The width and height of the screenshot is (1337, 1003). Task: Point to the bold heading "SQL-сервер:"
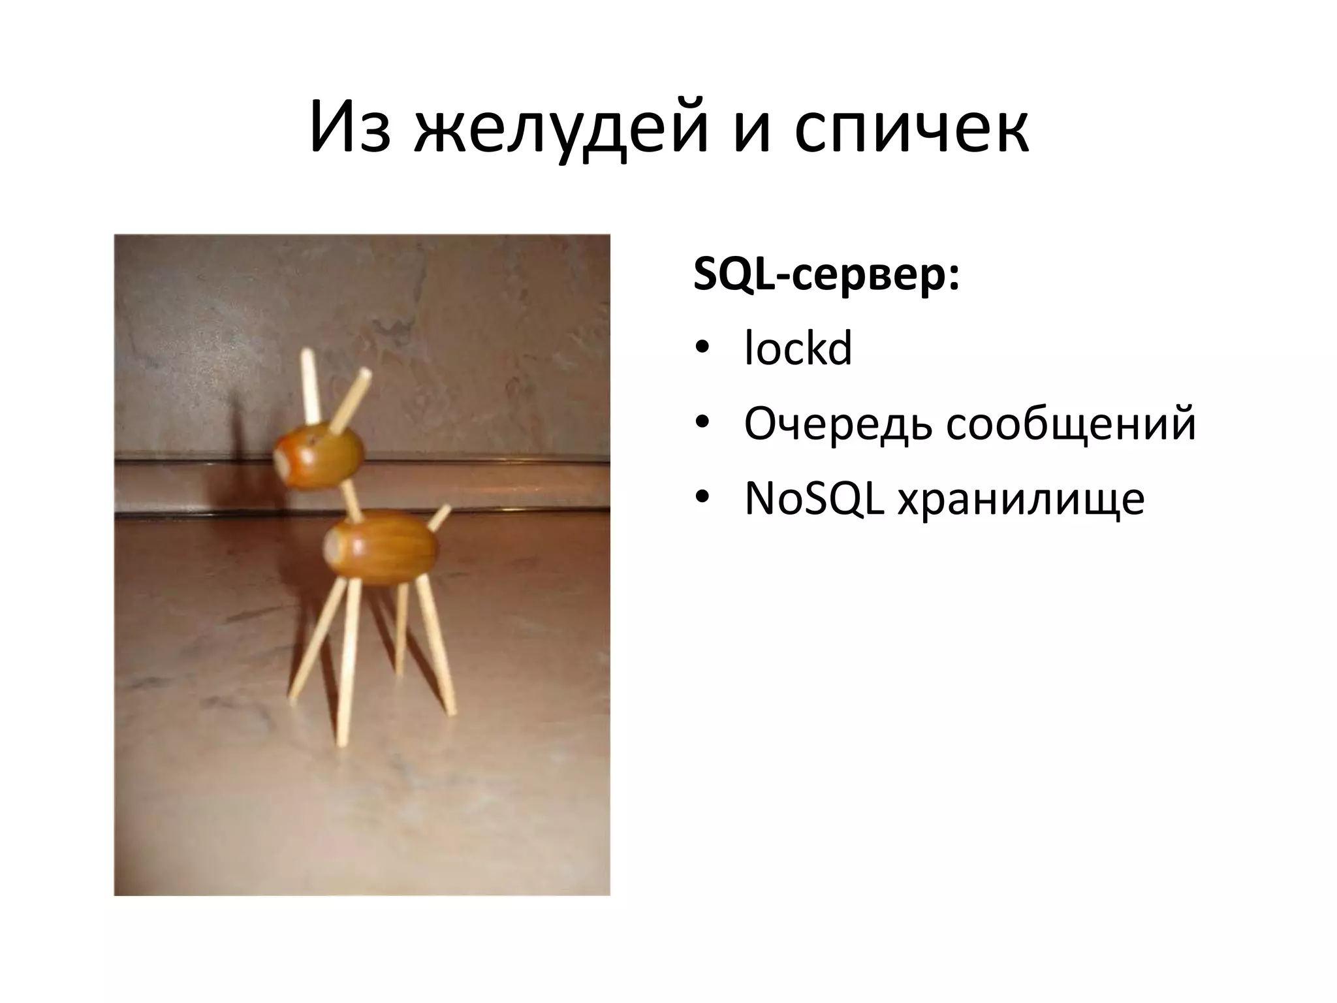pyautogui.click(x=826, y=277)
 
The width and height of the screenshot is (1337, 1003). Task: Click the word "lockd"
pyautogui.click(x=798, y=349)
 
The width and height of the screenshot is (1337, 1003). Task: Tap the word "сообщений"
pyautogui.click(x=1071, y=425)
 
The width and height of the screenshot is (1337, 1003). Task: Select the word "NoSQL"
pyautogui.click(x=815, y=500)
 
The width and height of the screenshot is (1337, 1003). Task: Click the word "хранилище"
pyautogui.click(x=1021, y=501)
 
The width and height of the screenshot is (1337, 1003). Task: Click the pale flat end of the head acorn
pyautogui.click(x=281, y=461)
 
